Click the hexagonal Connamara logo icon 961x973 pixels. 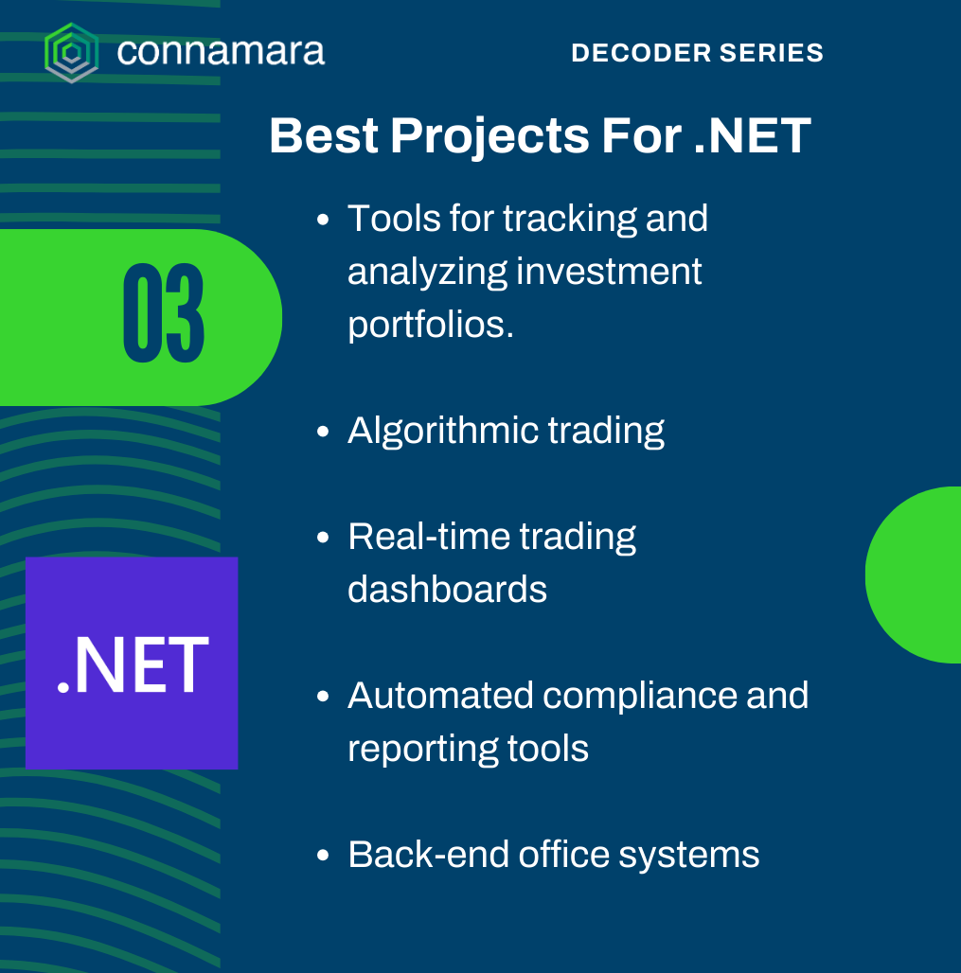71,53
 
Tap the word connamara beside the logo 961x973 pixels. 221,51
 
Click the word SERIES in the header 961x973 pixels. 772,53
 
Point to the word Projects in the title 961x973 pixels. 489,136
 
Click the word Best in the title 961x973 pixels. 324,135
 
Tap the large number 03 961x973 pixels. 163,312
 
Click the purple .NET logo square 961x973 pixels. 132,663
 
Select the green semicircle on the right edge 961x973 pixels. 914,575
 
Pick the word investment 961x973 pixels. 609,272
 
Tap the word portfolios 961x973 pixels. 431,325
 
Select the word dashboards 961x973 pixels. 447,589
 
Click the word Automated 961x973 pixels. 440,695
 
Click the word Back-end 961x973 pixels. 428,855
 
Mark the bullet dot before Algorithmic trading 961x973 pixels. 322,432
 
